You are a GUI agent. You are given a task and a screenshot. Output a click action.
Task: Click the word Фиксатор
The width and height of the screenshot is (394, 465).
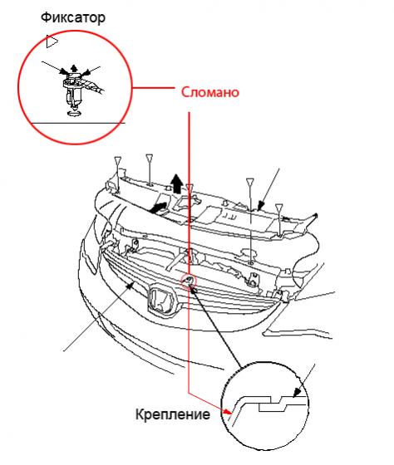click(x=73, y=18)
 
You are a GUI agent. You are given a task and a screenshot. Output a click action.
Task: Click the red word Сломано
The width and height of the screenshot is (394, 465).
click(x=210, y=92)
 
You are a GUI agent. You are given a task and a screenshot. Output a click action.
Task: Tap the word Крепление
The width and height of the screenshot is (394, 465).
click(x=173, y=414)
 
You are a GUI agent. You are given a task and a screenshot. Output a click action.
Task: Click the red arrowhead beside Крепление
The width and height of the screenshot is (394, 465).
click(x=228, y=412)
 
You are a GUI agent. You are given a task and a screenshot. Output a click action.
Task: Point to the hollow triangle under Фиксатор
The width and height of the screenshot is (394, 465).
click(x=52, y=42)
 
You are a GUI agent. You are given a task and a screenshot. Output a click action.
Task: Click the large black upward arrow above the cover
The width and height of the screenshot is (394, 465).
click(x=177, y=184)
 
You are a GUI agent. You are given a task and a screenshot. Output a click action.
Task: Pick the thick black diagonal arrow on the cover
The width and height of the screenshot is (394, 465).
click(x=158, y=208)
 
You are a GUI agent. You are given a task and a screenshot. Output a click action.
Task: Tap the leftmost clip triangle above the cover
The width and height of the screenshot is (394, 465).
click(x=118, y=160)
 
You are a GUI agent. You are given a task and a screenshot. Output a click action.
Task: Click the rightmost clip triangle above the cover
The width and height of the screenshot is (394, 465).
click(x=278, y=208)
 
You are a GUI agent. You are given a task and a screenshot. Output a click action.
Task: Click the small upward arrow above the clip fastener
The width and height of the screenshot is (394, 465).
click(x=74, y=68)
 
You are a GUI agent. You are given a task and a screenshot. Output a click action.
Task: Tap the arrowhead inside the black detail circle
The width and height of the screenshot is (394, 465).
click(x=296, y=393)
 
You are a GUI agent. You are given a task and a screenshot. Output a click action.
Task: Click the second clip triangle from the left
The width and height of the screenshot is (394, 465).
click(x=149, y=157)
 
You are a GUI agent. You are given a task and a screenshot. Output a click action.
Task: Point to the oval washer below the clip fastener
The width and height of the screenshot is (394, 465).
click(x=73, y=113)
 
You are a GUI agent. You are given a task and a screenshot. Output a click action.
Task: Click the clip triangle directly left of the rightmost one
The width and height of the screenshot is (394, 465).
click(x=250, y=182)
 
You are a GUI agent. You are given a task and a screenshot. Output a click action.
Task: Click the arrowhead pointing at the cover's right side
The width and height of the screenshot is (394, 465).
click(x=261, y=206)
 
